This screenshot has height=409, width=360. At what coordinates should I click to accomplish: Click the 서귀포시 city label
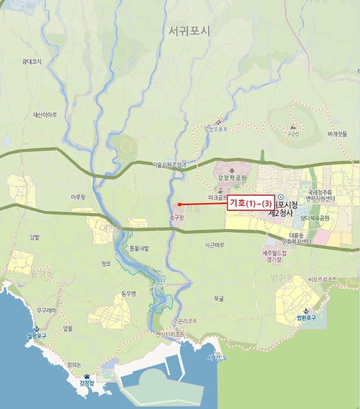[188, 31]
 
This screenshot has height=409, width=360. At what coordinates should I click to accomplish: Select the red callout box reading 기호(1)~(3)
[251, 203]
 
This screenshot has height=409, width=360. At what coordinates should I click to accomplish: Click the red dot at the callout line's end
[179, 204]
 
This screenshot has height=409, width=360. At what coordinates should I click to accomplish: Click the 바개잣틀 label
[337, 134]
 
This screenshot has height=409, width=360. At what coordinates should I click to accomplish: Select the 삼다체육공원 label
[316, 218]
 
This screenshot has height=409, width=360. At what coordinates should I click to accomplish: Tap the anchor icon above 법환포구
[305, 310]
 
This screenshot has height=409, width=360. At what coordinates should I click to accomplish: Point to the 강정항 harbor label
[87, 383]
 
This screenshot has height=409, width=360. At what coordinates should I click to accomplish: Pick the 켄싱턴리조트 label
[171, 335]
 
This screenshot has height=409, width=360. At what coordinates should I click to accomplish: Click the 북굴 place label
[219, 298]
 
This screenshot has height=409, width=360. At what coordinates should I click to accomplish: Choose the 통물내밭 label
[139, 248]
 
